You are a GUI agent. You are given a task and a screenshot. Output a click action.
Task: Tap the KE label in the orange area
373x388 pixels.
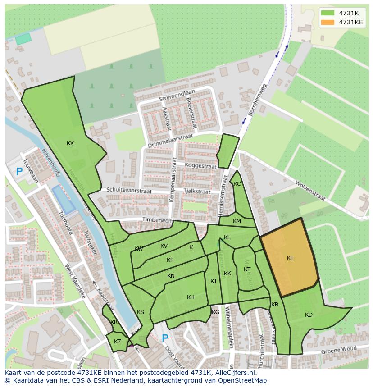click(x=291, y=258)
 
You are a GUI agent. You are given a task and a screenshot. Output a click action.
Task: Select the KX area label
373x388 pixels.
click(x=70, y=143)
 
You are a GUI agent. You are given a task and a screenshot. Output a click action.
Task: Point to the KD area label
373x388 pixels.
click(x=309, y=315)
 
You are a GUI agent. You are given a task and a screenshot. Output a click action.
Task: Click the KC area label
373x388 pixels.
click(x=237, y=184)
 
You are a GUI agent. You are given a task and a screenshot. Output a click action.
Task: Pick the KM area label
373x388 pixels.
click(x=237, y=221)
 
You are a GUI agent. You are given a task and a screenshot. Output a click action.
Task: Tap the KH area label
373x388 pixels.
click(x=191, y=297)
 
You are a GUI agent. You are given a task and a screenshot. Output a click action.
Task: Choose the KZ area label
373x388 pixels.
click(x=118, y=342)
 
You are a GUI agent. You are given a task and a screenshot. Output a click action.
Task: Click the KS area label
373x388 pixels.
click(x=141, y=312)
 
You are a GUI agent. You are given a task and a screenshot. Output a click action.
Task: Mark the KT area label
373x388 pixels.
click(x=247, y=269)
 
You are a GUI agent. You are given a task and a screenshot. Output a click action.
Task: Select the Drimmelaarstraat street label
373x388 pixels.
click(x=170, y=141)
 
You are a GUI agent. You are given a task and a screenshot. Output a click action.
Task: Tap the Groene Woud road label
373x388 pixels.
click(x=338, y=350)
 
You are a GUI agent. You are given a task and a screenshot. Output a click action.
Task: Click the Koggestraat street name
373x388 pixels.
click(x=200, y=166)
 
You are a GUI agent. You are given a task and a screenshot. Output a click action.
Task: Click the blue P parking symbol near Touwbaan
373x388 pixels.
click(x=19, y=172)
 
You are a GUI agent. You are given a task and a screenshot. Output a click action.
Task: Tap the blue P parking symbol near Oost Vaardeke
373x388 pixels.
click(x=165, y=338)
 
